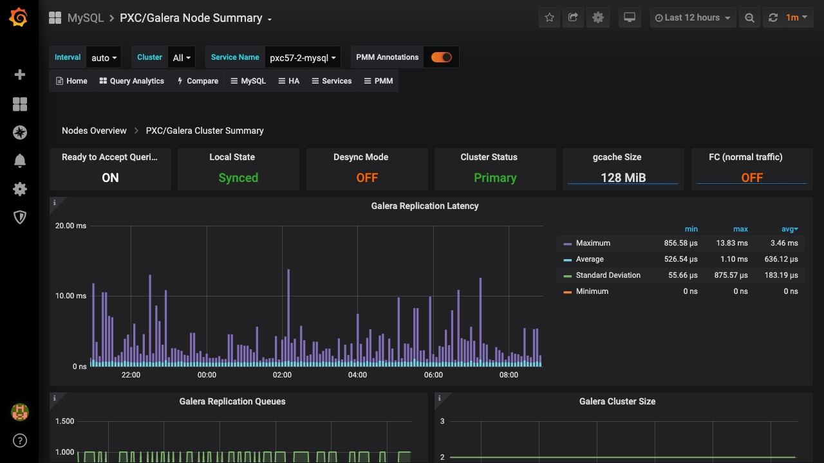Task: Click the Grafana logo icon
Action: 19,18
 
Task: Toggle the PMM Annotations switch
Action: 441,57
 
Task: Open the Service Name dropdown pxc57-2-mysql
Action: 303,58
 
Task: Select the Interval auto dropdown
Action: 104,58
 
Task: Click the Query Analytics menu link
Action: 132,81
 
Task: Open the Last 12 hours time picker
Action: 692,18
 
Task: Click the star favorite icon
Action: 549,18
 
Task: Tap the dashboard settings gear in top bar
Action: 598,18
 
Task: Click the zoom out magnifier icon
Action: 749,18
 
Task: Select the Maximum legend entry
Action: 593,243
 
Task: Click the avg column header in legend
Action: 789,229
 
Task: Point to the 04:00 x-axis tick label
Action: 357,375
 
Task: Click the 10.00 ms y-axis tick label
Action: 71,296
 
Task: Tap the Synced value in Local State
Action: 238,178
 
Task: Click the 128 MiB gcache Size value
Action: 623,178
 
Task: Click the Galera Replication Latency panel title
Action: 425,206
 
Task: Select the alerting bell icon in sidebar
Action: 20,161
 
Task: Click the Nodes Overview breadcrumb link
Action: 94,131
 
